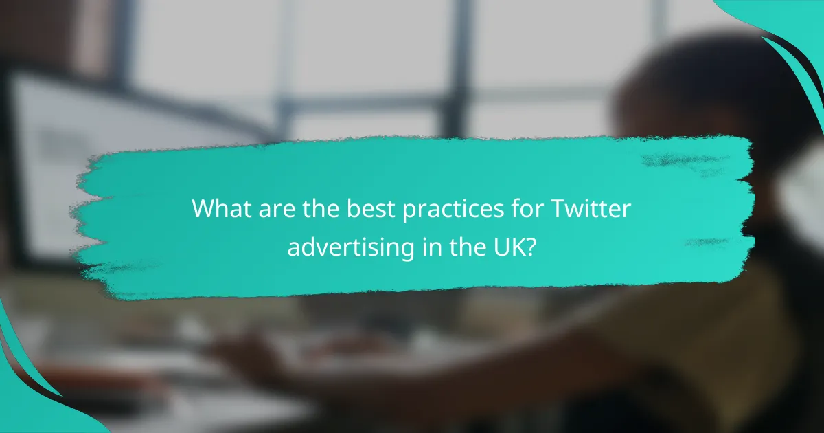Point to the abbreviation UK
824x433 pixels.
[x=503, y=246]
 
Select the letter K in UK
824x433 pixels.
[x=513, y=246]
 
